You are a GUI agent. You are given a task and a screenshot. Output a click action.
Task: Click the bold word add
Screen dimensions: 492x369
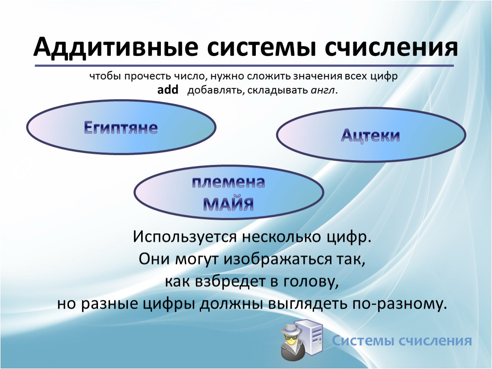point(168,90)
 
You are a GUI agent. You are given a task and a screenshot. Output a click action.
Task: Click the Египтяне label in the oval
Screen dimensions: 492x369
point(121,128)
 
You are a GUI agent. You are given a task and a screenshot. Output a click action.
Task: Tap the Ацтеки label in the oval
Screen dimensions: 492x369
point(370,136)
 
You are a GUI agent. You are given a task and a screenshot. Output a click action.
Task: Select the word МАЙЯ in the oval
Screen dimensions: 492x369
point(228,204)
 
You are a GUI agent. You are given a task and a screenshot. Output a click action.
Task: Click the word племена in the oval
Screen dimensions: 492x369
point(228,182)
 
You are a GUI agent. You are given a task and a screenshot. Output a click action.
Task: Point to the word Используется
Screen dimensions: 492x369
point(184,237)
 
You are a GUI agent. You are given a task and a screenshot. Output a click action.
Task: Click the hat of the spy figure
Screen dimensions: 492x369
point(291,329)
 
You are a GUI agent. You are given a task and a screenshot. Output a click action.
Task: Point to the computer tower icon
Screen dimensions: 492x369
point(311,336)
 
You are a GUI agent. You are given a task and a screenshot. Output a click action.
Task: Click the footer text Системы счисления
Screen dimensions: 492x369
point(402,340)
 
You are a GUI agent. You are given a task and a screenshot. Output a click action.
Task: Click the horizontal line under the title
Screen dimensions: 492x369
point(244,65)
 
